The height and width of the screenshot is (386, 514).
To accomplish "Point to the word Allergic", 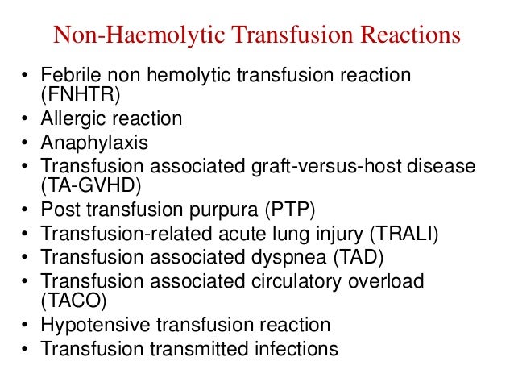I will (74, 119).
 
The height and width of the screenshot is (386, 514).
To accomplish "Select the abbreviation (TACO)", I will (74, 302).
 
